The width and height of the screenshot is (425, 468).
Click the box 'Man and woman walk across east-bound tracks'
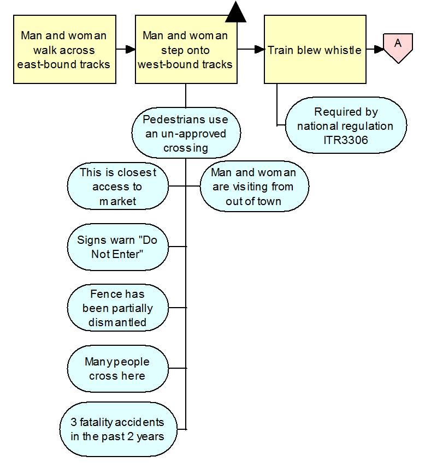tap(64, 50)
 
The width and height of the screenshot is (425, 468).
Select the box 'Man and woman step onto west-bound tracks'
tap(186, 50)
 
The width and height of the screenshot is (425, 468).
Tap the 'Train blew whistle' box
tap(315, 50)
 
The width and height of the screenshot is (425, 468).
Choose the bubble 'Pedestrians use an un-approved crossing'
tap(186, 134)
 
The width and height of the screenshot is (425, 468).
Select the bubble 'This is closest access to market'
tap(117, 187)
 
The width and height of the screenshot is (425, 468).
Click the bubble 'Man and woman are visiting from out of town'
tap(254, 187)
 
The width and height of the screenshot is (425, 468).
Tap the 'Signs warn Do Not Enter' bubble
tap(117, 247)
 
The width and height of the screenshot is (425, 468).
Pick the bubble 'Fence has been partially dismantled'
tap(117, 308)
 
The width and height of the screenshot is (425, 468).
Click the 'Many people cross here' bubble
tap(117, 369)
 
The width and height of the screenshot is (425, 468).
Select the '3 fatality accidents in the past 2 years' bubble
tap(117, 429)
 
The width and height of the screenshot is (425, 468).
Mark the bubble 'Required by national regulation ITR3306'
tap(346, 126)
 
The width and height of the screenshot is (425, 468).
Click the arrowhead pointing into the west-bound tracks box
tap(130, 50)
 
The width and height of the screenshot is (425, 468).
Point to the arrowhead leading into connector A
tap(379, 50)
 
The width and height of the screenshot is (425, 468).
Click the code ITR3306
tap(346, 140)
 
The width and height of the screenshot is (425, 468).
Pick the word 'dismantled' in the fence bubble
tap(117, 322)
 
